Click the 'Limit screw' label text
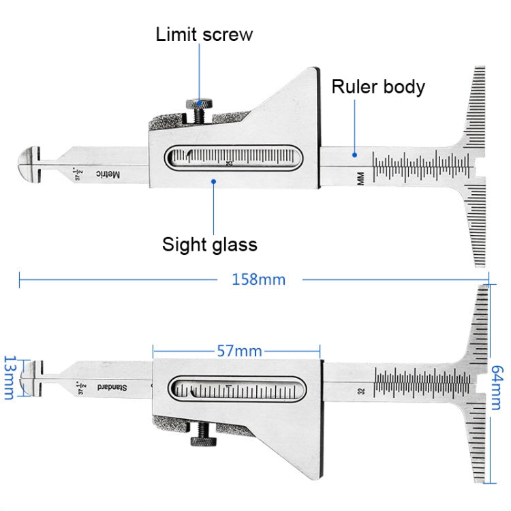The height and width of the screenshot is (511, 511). pyautogui.click(x=204, y=34)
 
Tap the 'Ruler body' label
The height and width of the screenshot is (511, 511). pyautogui.click(x=378, y=87)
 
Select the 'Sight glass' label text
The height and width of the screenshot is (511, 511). pyautogui.click(x=209, y=244)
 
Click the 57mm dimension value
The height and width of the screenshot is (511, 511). pyautogui.click(x=239, y=352)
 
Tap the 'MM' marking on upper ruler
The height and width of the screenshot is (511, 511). pyautogui.click(x=360, y=179)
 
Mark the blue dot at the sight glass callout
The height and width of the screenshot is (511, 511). pyautogui.click(x=214, y=181)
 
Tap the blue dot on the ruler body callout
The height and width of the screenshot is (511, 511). pyautogui.click(x=354, y=155)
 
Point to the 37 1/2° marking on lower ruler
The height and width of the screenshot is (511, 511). pyautogui.click(x=81, y=388)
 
